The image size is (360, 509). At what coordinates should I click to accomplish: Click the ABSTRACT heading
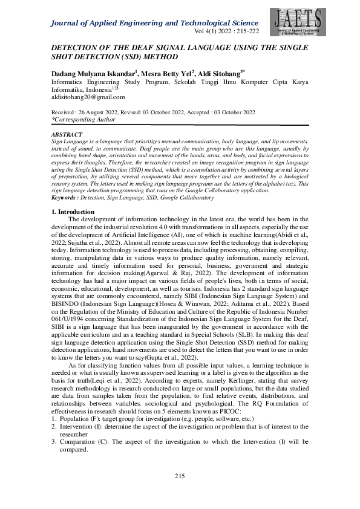pyautogui.click(x=66, y=134)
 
